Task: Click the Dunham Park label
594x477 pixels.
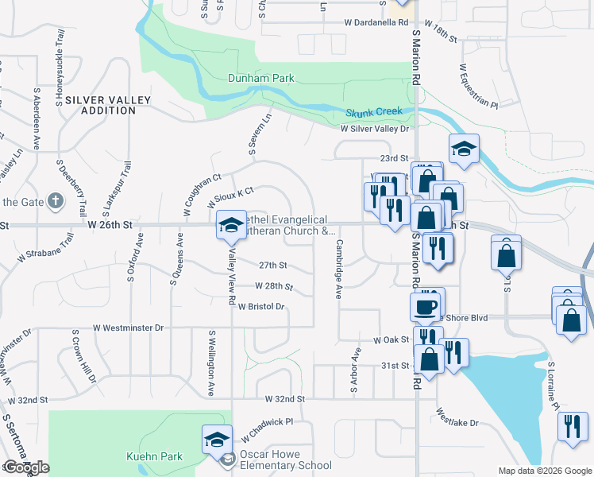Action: (x=261, y=78)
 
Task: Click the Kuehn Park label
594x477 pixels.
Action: (x=155, y=456)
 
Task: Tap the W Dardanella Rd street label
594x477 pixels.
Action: (x=376, y=23)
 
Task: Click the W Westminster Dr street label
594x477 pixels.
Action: (x=128, y=327)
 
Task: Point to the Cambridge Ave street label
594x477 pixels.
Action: (x=339, y=269)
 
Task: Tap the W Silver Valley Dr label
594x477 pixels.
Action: (x=374, y=128)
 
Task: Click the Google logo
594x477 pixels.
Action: (x=26, y=467)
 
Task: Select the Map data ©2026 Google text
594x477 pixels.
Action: (x=544, y=471)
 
